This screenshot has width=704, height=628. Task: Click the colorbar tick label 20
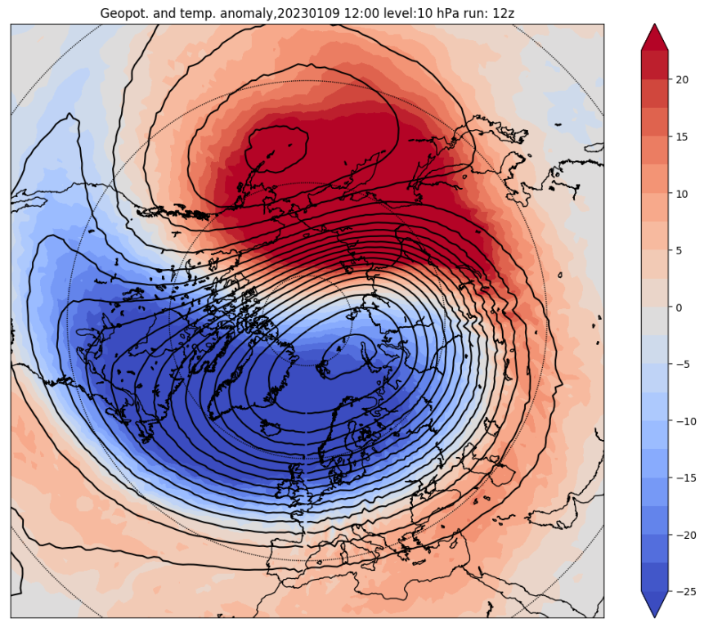[683, 79]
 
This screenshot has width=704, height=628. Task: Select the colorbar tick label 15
[683, 137]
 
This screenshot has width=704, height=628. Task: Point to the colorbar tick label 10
[683, 194]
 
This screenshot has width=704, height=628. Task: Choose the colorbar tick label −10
[686, 421]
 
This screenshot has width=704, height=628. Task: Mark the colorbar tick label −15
[686, 478]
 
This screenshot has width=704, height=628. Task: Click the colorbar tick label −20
[686, 535]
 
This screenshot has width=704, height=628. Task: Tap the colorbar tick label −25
[686, 592]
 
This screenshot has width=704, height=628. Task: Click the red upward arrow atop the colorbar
[654, 36]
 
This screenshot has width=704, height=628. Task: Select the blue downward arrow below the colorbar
[654, 605]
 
